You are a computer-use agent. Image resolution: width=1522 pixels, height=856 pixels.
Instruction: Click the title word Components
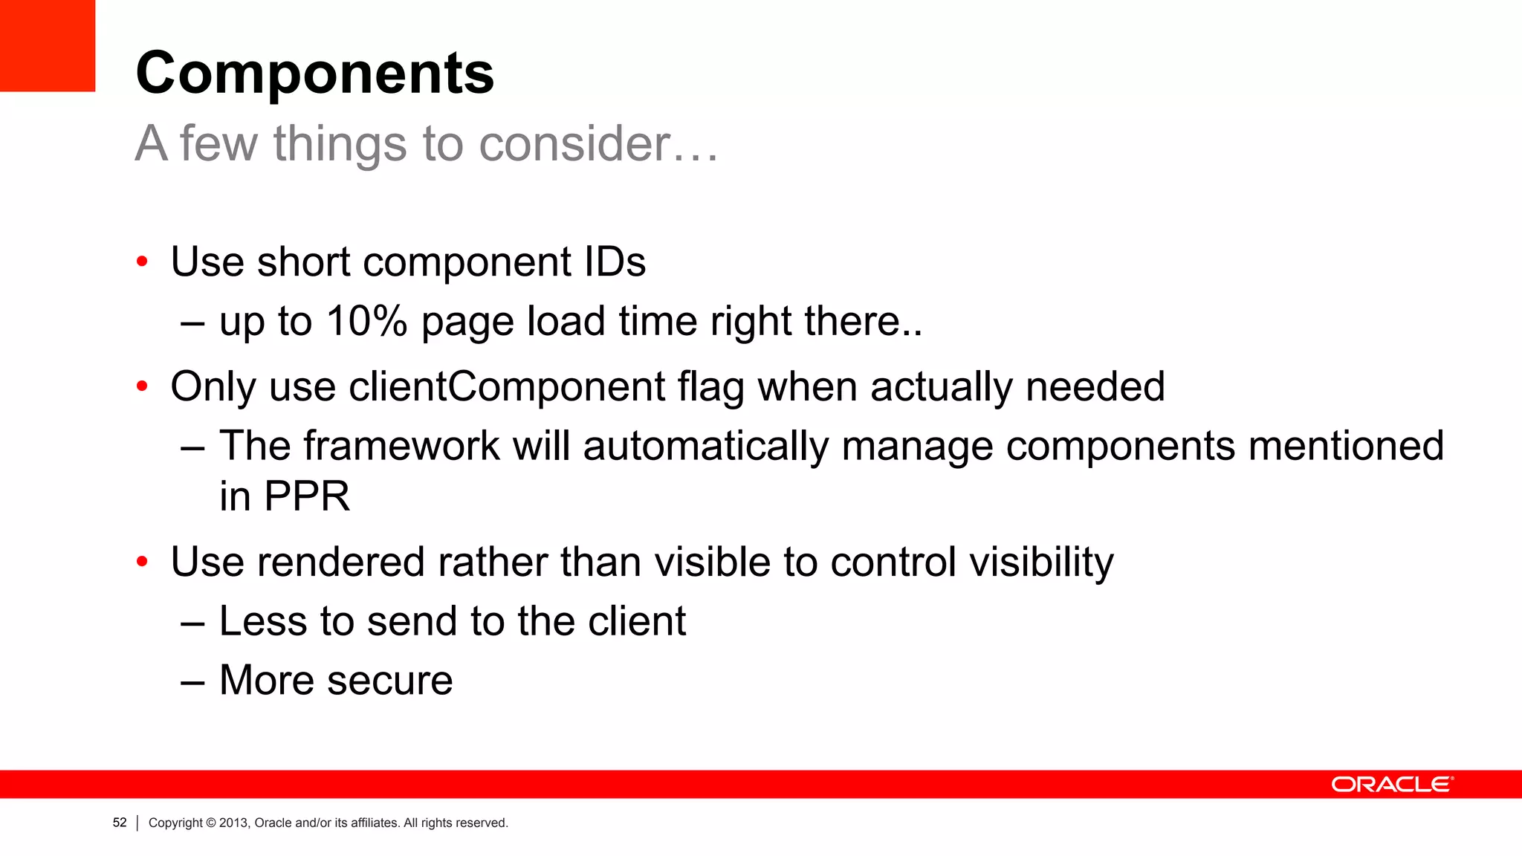point(314,74)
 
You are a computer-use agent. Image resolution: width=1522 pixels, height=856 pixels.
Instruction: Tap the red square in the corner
point(47,45)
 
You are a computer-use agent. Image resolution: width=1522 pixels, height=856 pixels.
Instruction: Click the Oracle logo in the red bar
point(1391,785)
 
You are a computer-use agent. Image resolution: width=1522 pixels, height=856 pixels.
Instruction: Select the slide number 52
point(120,823)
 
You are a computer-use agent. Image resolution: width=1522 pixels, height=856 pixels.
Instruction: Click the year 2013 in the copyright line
point(233,823)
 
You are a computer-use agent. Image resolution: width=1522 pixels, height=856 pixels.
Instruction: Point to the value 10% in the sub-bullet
point(366,322)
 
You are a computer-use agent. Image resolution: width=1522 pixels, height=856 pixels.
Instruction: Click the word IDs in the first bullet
point(615,262)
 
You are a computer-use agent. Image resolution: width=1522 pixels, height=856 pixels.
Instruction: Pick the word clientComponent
point(507,387)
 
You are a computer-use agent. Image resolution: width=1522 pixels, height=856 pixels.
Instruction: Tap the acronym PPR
point(306,496)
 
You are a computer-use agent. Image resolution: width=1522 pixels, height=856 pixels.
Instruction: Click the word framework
point(401,447)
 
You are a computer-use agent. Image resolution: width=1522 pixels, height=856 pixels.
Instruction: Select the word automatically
point(705,447)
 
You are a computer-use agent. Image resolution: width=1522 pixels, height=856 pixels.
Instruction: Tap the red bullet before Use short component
point(142,262)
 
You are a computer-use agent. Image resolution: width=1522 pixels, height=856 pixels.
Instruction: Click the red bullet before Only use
point(142,387)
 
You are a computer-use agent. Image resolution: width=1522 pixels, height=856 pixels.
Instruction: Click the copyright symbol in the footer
point(211,823)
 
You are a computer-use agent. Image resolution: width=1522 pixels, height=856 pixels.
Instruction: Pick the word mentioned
point(1346,447)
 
